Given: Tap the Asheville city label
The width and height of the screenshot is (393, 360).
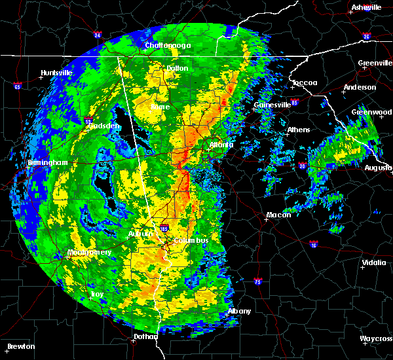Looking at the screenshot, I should pos(366,7).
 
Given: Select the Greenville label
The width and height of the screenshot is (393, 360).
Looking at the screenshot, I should pos(375,63).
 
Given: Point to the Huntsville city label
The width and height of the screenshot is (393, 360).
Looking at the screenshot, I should pos(55,72).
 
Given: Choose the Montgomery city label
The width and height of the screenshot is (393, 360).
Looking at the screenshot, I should pos(90,253).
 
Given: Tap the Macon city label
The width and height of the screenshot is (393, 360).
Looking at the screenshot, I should pos(278,215).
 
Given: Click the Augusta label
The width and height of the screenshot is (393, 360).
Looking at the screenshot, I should pos(378,168).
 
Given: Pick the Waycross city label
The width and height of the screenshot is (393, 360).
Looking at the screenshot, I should pos(376,339).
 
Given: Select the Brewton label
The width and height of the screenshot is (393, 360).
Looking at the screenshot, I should pos(21,346).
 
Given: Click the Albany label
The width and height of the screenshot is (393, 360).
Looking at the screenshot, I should pos(239,311).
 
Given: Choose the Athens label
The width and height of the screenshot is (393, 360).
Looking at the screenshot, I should pos(298,130).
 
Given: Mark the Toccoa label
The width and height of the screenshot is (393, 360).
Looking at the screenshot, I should pos(305,82).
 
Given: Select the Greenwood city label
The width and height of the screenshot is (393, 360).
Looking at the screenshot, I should pos(371,112).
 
